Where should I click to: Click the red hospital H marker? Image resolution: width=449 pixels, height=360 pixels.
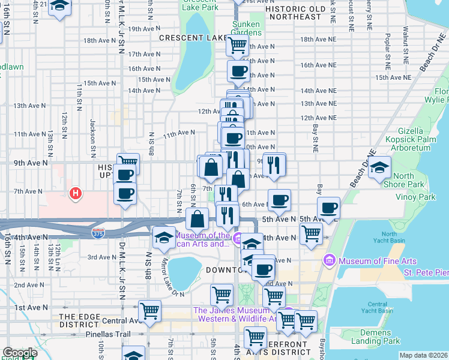tap(76, 193)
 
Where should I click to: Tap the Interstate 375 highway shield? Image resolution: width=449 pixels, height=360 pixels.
tap(97, 231)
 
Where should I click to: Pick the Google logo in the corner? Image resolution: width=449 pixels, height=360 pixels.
tap(20, 353)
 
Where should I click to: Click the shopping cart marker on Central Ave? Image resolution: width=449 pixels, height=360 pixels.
tap(149, 310)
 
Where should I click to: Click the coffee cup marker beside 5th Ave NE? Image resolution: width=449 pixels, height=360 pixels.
tap(328, 208)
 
